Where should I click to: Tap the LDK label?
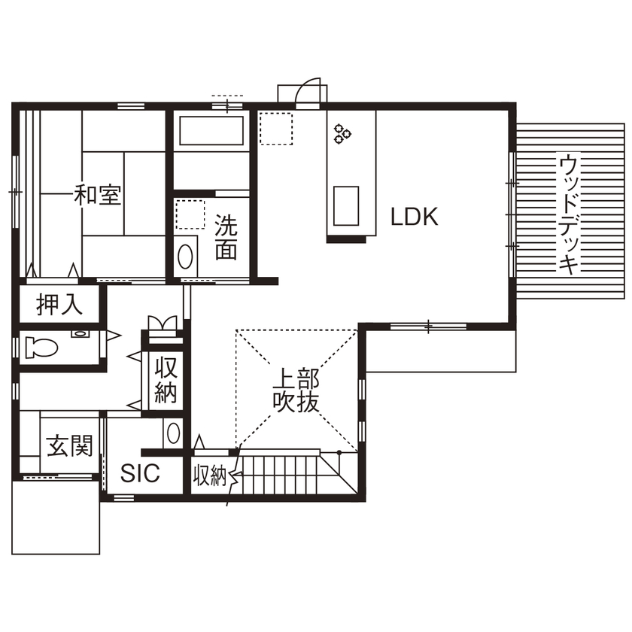414,217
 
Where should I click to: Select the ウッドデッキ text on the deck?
570,214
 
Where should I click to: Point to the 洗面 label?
226,238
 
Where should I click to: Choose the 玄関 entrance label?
70,445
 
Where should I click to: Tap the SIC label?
140,473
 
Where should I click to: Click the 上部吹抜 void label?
296,389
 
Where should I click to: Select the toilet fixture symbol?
41,348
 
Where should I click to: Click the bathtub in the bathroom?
211,131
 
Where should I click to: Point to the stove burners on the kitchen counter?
343,133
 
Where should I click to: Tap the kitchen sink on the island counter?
345,205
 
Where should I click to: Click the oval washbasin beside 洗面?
184,257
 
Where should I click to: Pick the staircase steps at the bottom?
282,474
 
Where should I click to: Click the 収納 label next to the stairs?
208,476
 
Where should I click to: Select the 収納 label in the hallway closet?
166,381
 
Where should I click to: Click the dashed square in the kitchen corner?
275,128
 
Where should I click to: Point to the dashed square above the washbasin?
190,214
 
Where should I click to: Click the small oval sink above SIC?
174,433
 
